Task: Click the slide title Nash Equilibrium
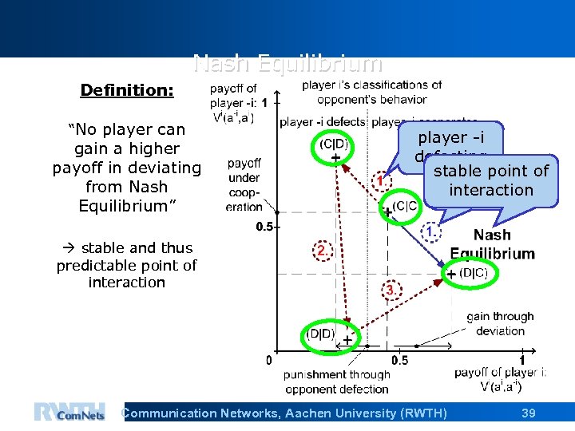(287, 64)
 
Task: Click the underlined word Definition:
(127, 90)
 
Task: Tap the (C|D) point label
(334, 144)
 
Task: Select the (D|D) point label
(323, 333)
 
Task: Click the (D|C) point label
(473, 273)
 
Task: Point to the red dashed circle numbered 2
(320, 250)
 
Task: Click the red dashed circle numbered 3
(389, 289)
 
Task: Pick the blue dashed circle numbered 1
(430, 231)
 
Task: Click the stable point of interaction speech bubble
(490, 180)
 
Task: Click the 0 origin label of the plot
(268, 360)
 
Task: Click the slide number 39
(528, 413)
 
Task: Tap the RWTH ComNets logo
(69, 411)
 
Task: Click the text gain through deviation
(500, 323)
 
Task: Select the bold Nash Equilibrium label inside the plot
(492, 244)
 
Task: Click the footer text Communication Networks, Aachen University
(284, 413)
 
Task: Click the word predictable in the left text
(93, 265)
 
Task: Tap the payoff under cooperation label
(244, 184)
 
